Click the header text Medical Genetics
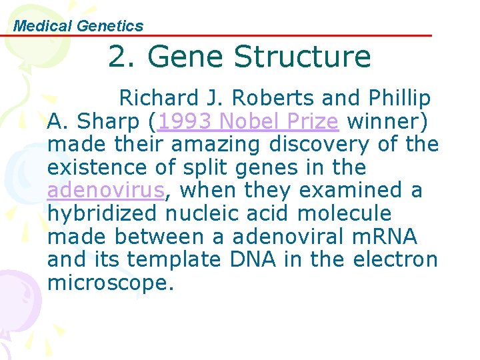tap(79, 26)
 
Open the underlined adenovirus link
tap(105, 191)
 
